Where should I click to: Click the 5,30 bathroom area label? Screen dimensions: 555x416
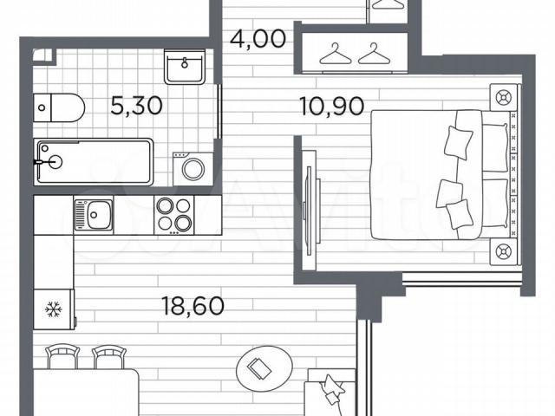(137, 106)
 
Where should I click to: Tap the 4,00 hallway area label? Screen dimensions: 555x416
(258, 38)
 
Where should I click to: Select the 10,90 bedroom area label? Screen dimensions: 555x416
(331, 106)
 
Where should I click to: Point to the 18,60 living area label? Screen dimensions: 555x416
(193, 306)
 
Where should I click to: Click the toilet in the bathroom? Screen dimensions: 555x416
(59, 107)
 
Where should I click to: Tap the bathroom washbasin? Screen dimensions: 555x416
(185, 67)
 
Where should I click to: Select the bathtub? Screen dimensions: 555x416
(94, 162)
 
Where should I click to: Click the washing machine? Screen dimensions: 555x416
(193, 169)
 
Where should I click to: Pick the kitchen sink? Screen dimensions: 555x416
(93, 215)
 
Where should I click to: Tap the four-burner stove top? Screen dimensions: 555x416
(174, 215)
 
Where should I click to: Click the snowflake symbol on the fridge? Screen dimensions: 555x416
(54, 309)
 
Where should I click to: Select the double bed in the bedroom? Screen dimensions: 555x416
(443, 174)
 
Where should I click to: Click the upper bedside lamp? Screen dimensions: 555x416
(504, 97)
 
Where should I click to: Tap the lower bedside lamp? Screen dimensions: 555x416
(504, 251)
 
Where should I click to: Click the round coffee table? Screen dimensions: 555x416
(264, 367)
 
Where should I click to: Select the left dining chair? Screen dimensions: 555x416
(62, 357)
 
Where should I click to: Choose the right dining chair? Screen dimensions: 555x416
(109, 357)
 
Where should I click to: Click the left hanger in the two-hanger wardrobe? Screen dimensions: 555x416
(336, 54)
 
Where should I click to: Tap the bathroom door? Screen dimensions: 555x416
(219, 111)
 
